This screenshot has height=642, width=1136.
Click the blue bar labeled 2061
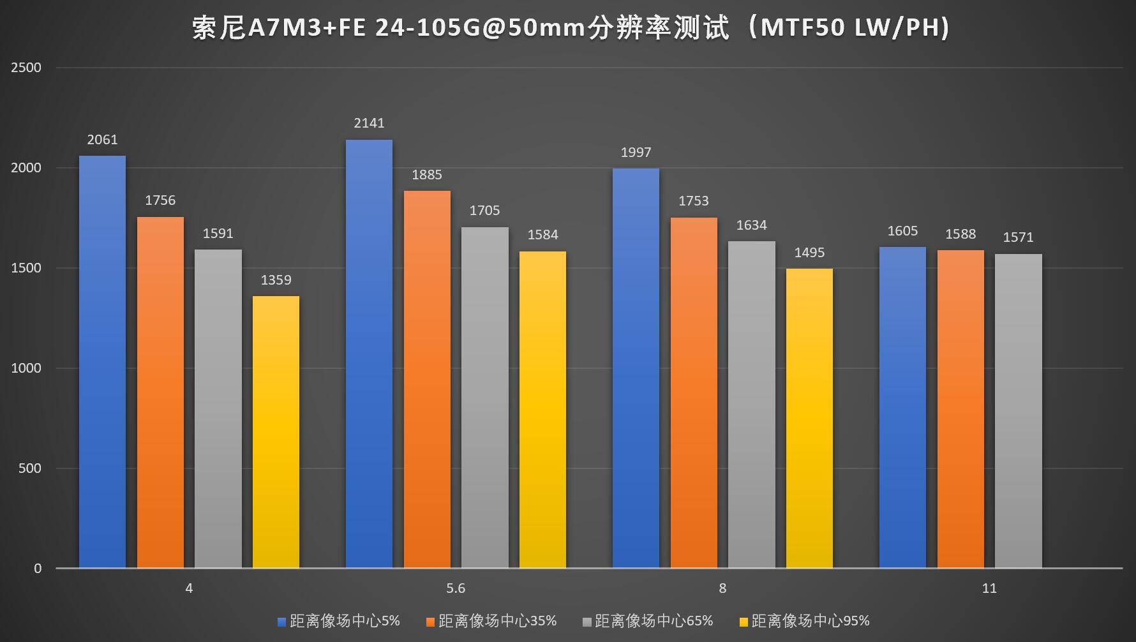[x=102, y=362]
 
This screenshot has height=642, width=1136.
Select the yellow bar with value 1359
[x=276, y=432]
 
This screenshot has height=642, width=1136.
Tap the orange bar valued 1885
[x=427, y=379]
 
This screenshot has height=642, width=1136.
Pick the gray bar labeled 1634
[x=751, y=405]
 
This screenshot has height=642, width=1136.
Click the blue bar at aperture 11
[x=902, y=407]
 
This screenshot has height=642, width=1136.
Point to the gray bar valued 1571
[x=1018, y=411]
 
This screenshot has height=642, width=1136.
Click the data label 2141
[x=369, y=123]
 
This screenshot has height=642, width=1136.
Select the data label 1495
[x=809, y=253]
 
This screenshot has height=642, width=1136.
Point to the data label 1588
[x=960, y=234]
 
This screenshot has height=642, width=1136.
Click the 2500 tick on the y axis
[x=26, y=68]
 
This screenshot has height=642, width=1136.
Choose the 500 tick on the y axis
[x=30, y=468]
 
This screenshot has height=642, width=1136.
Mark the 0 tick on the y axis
[x=38, y=569]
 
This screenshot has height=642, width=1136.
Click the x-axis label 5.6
[x=456, y=588]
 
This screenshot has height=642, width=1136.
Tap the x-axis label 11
[x=989, y=588]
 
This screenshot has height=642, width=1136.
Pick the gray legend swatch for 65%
[x=587, y=622]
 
